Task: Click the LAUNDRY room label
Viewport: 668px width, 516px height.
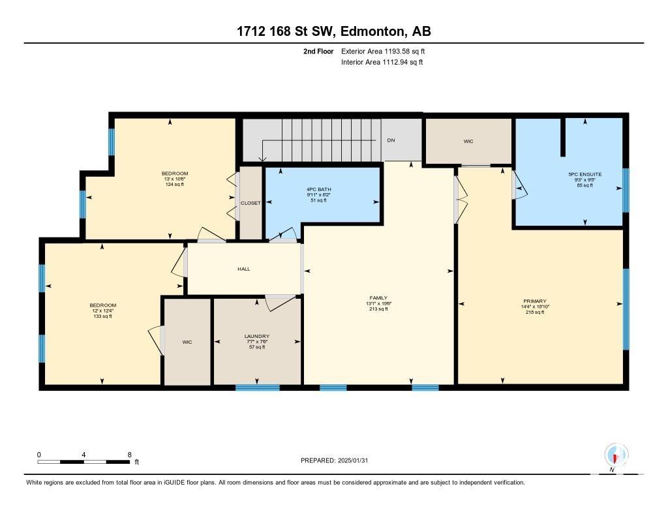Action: [x=257, y=336]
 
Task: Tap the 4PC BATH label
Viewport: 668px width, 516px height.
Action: [x=318, y=189]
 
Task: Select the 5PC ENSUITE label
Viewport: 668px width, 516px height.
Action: [x=585, y=174]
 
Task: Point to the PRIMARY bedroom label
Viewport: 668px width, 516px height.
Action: [x=535, y=301]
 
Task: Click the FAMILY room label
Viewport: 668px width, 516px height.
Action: [x=378, y=298]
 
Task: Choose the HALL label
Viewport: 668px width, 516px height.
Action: [x=244, y=269]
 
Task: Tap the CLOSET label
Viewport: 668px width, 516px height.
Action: [x=250, y=203]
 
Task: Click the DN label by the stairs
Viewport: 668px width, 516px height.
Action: [x=391, y=140]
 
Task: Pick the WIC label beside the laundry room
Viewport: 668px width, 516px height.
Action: [x=187, y=342]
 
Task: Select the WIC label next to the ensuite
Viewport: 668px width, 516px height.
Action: [x=468, y=141]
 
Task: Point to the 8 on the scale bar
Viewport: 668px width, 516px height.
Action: [x=130, y=455]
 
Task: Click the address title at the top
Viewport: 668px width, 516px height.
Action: [x=334, y=31]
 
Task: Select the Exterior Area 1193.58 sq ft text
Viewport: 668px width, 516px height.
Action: [x=383, y=51]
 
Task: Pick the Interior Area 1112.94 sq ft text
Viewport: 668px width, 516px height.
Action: [x=382, y=62]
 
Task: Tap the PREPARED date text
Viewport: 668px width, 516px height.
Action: [x=335, y=460]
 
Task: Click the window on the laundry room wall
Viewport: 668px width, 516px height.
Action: [x=257, y=387]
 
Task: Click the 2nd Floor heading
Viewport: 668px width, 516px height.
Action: [x=318, y=51]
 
